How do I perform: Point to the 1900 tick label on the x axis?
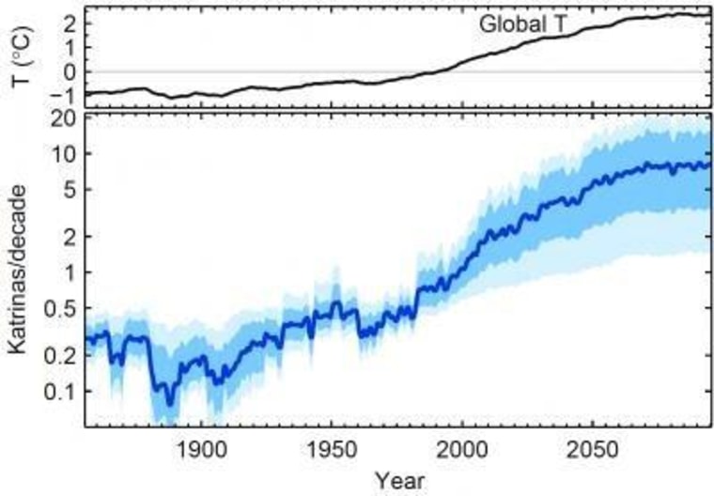200,449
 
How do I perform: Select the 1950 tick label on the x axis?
331,449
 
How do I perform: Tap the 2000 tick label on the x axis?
461,449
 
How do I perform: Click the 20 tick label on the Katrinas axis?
64,119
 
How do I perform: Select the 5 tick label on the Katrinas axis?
69,189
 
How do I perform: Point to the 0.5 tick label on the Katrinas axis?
61,308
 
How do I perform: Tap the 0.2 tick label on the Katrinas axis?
61,355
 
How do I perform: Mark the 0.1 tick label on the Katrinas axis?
61,391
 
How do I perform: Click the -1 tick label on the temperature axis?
64,95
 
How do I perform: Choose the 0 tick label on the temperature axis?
69,71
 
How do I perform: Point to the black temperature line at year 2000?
461,61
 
